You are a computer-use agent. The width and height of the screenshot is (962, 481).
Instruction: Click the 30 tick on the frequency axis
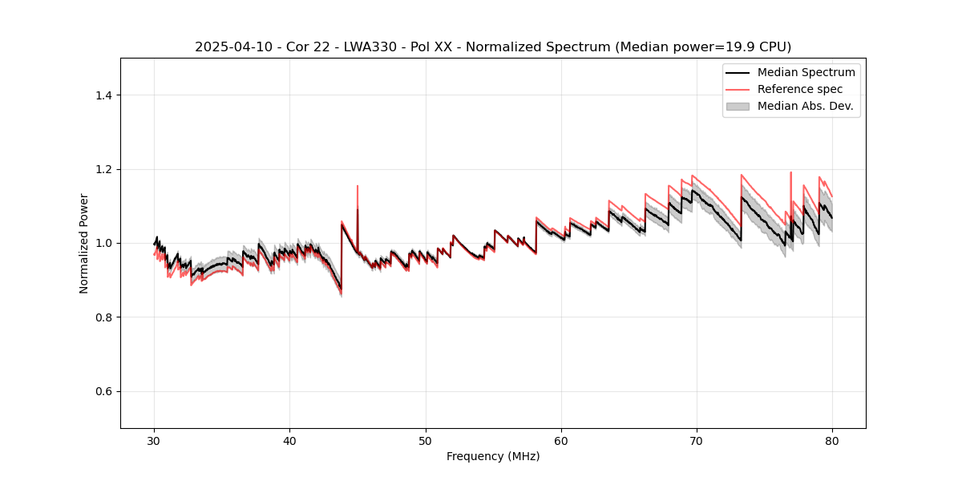(x=154, y=440)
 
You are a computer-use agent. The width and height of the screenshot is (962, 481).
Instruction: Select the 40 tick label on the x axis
(x=289, y=440)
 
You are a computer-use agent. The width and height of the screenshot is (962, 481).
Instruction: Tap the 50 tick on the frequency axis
(x=426, y=440)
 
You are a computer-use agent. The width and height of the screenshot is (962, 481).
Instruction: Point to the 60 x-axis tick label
(x=561, y=440)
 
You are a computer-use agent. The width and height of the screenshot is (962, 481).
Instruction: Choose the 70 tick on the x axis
(x=697, y=440)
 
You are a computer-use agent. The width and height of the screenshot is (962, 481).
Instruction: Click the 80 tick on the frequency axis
(x=832, y=440)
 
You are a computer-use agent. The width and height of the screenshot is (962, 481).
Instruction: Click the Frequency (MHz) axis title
(x=493, y=456)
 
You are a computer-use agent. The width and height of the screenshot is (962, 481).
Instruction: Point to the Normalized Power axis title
(x=83, y=243)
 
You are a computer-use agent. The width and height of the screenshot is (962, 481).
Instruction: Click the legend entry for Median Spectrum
(x=806, y=72)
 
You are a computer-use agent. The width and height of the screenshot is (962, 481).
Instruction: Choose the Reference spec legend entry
(x=799, y=89)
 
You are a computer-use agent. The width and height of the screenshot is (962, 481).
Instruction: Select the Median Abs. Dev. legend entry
(x=805, y=106)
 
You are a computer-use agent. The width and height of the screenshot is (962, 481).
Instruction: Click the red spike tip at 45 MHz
(x=358, y=186)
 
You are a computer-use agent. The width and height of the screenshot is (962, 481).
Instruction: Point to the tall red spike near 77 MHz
(x=791, y=172)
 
